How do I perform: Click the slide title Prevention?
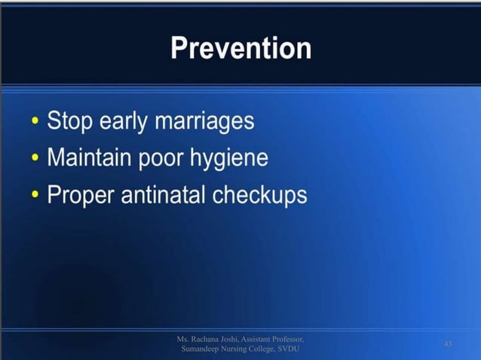(x=240, y=49)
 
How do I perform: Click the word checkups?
(x=260, y=196)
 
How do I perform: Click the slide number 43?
(x=448, y=344)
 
